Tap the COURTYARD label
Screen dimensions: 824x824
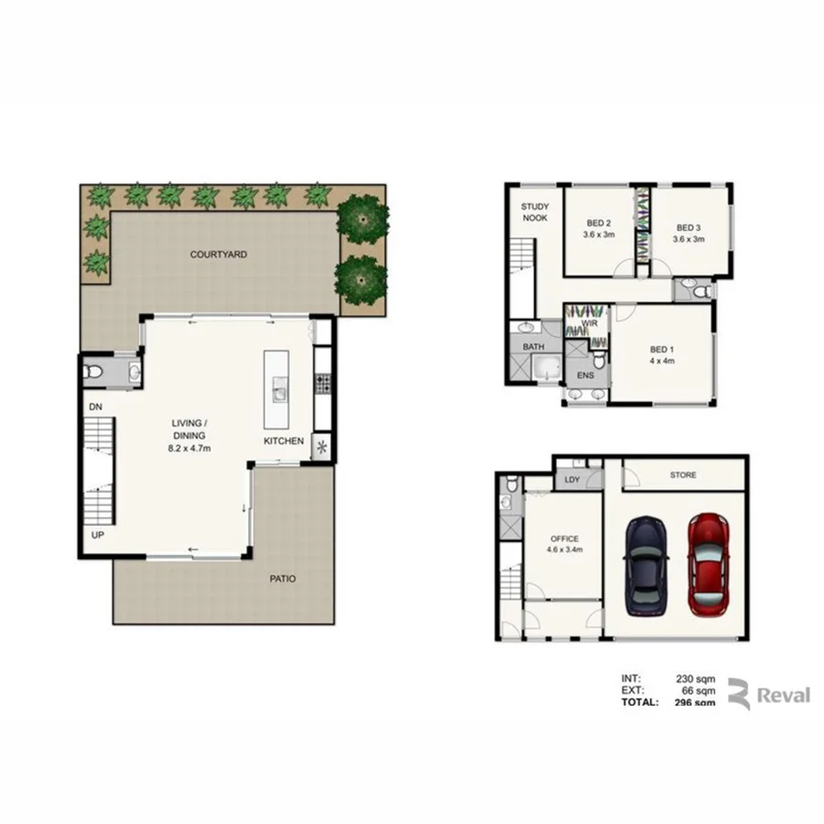[x=218, y=255]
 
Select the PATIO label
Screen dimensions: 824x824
[x=283, y=580]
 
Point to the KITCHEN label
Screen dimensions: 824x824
[x=284, y=441]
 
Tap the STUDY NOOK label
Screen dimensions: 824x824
[x=534, y=212]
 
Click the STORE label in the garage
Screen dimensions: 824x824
[x=683, y=475]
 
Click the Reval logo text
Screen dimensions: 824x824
[x=783, y=696]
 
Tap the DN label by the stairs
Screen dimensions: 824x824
[x=94, y=406]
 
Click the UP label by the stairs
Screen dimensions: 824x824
[x=94, y=535]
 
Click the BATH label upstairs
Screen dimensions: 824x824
[x=533, y=347]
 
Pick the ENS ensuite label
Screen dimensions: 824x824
[x=584, y=374]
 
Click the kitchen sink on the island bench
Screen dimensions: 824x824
[x=278, y=395]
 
